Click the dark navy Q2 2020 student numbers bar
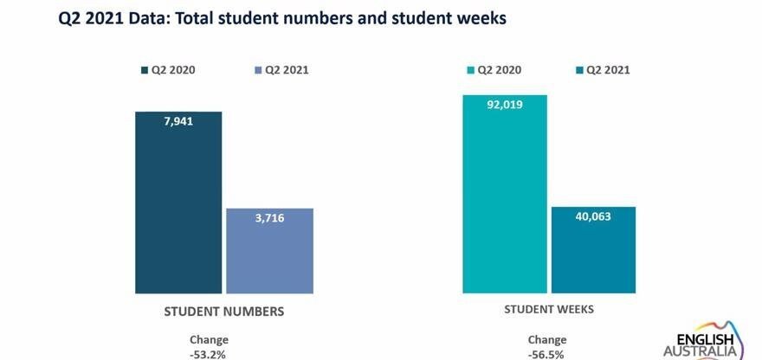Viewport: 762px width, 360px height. click(178, 203)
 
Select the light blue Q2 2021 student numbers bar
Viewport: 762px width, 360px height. click(269, 251)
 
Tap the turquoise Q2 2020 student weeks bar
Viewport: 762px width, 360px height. click(505, 195)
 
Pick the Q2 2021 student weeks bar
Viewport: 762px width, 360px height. click(593, 250)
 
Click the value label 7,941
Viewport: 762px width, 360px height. click(178, 121)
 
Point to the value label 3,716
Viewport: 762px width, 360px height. click(269, 218)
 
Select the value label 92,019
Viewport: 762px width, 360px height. click(505, 105)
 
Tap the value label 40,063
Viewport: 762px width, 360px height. click(593, 216)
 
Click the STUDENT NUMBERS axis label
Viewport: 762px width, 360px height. click(224, 310)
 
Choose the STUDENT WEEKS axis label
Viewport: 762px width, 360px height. click(549, 309)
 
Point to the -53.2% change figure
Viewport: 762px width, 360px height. click(209, 354)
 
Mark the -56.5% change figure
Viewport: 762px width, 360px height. click(547, 354)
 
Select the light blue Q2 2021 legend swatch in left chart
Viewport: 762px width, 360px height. click(258, 70)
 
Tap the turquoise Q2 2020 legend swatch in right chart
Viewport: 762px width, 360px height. click(469, 70)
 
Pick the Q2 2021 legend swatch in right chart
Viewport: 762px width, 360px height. click(579, 70)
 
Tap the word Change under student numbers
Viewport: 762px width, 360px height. click(209, 340)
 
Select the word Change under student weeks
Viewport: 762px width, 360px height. click(547, 340)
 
